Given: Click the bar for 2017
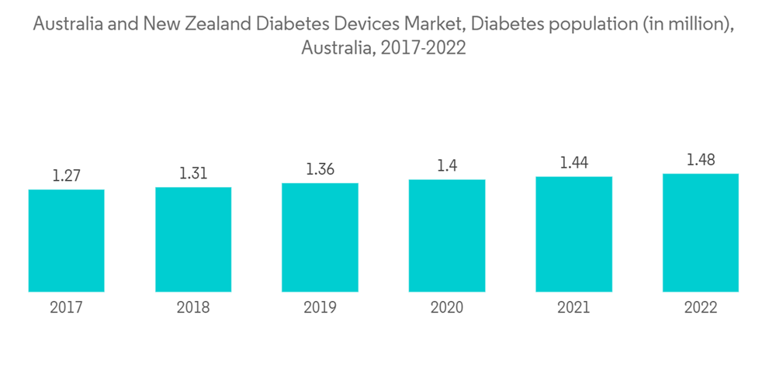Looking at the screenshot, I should tap(67, 240).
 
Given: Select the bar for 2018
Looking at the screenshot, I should tap(193, 240).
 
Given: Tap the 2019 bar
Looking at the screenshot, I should tap(320, 237).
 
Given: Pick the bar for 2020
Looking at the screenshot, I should tap(447, 236).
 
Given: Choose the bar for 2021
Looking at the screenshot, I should tap(573, 234).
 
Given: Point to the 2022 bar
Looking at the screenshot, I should tap(701, 233).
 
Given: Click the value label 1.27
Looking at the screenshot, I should tap(67, 176).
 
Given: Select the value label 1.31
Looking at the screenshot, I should tap(193, 174).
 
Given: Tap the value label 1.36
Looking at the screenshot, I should tap(320, 170).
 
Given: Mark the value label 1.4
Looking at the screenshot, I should tap(447, 166).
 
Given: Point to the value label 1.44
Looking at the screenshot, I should tap(573, 163).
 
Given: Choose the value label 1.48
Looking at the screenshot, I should tap(701, 160).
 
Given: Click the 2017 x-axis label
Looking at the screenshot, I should tap(67, 308).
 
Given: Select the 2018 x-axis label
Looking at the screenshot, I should tap(193, 308).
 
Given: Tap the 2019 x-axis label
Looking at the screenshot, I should tap(320, 308).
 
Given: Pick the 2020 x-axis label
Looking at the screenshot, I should tap(447, 308).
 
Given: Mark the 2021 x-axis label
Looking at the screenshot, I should tap(573, 308).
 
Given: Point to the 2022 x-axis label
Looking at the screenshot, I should tap(701, 308).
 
